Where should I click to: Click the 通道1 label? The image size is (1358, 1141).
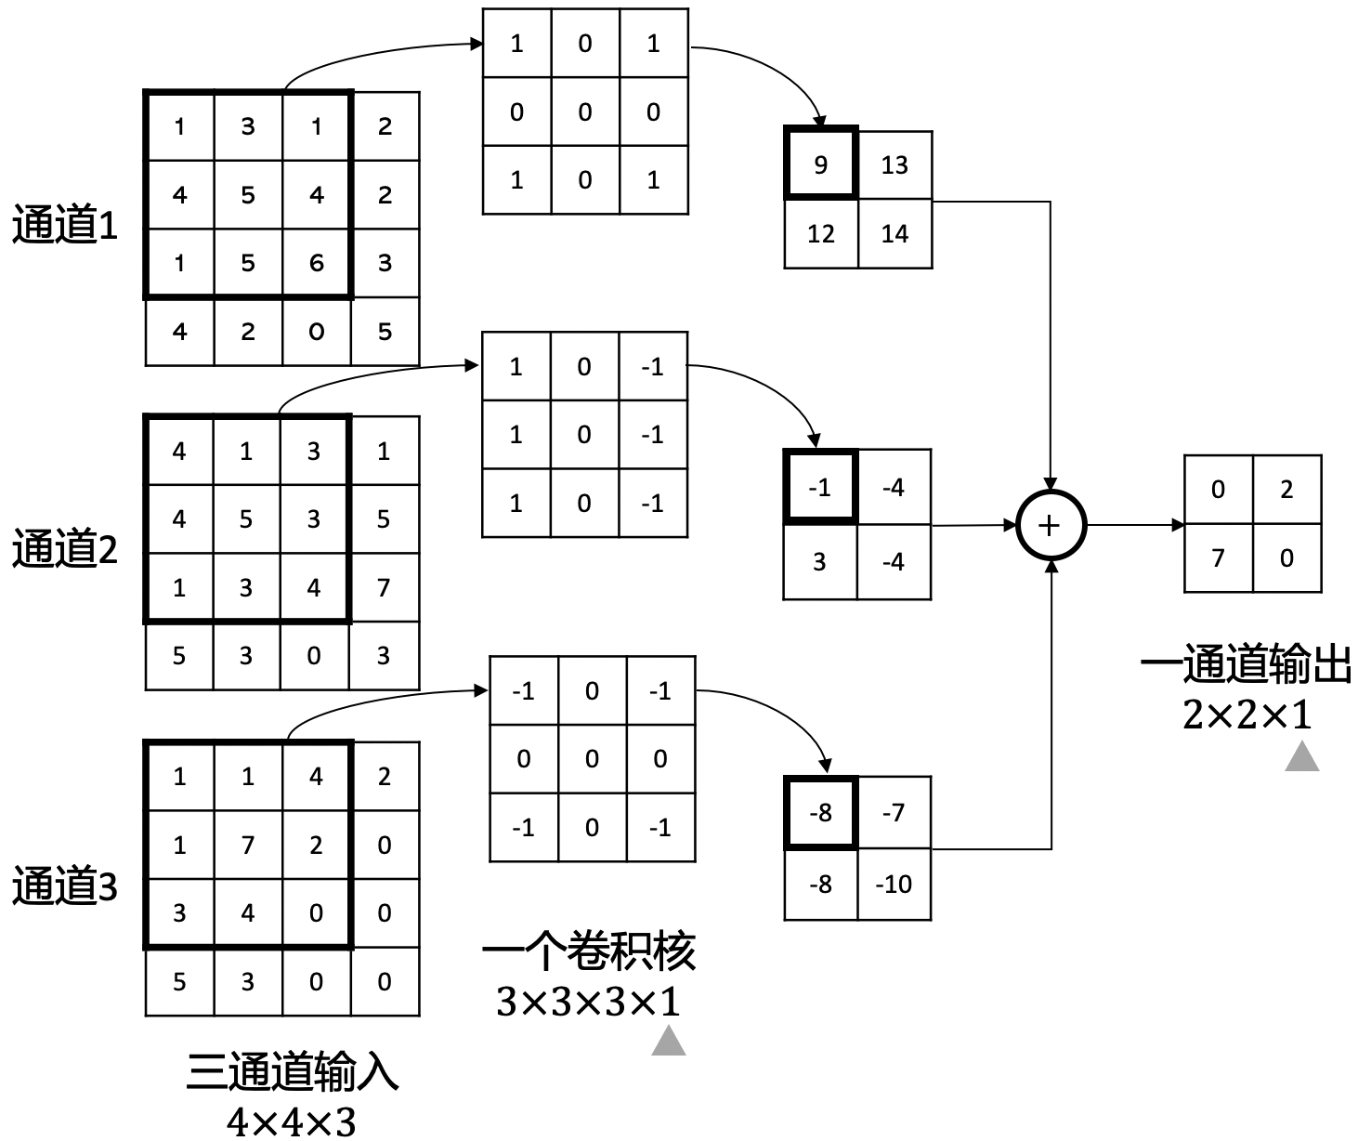point(65,226)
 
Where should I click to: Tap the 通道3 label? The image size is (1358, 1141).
point(65,886)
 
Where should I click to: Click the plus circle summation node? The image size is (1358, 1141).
point(1050,526)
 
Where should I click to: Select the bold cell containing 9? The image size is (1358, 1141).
point(820,164)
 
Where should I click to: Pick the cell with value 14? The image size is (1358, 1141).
point(894,233)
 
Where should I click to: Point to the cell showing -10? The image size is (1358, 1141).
point(894,885)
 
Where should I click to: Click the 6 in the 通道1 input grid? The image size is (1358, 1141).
point(317,263)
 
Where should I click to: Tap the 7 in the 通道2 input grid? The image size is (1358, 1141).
point(384,587)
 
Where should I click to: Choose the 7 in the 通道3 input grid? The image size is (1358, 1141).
point(248,845)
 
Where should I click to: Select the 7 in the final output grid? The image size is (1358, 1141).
point(1218,557)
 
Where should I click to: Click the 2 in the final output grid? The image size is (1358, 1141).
point(1286,489)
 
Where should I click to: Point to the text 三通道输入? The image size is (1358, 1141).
point(293,1072)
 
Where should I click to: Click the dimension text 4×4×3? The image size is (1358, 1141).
point(292,1122)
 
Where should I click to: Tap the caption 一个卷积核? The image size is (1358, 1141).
point(589,951)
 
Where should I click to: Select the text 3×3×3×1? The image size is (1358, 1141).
point(589,1002)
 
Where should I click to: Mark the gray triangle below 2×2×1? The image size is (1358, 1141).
point(1302,757)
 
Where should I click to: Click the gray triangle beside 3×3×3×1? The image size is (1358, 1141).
point(669,1042)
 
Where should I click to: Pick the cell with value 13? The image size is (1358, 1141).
point(894,164)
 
